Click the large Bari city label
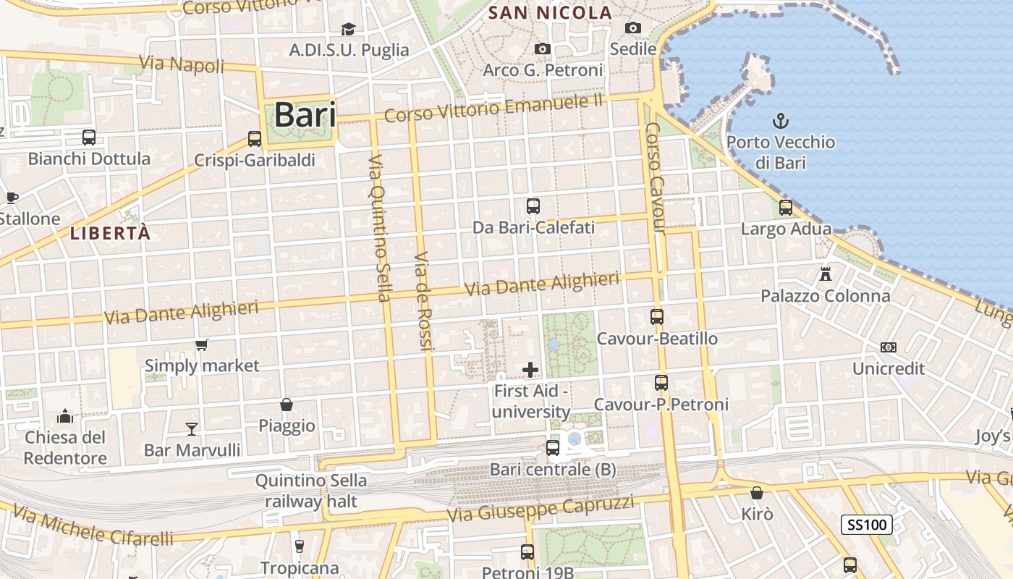[305, 114]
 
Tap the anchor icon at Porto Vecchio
[781, 121]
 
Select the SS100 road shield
[866, 525]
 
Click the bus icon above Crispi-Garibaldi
[254, 138]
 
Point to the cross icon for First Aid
[530, 370]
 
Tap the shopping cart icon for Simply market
[202, 345]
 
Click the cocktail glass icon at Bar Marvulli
[192, 428]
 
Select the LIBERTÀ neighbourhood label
[111, 233]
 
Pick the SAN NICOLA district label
[550, 13]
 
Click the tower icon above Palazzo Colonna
[825, 274]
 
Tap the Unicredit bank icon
[889, 347]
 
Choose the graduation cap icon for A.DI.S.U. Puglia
[348, 29]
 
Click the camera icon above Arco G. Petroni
[542, 48]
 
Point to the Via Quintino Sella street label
[379, 227]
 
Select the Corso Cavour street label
[655, 178]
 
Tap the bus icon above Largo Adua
[786, 208]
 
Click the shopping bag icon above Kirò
[757, 493]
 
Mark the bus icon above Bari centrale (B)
[553, 448]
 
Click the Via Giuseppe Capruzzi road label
[541, 508]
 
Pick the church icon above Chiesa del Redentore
[65, 416]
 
